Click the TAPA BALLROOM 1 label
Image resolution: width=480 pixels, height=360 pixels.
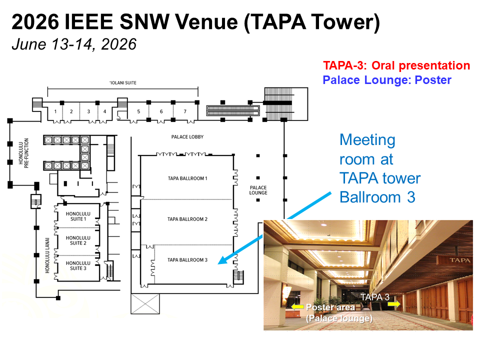[x=187, y=178]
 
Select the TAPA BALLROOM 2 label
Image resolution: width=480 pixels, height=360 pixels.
[x=187, y=219]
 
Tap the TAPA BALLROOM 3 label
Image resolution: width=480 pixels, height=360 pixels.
[x=187, y=260]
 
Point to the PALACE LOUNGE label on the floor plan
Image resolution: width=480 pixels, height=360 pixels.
[x=258, y=190]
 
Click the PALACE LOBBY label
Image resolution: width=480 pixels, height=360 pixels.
[x=187, y=137]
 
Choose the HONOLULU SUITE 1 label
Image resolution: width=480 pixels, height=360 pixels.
[x=78, y=216]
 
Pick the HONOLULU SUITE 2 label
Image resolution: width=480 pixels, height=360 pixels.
[x=78, y=240]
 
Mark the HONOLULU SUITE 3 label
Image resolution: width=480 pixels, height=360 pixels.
[x=78, y=265]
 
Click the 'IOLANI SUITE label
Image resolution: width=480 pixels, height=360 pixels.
[x=123, y=82]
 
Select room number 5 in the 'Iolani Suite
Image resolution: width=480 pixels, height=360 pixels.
[x=138, y=111]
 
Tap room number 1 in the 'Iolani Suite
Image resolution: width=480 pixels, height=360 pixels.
[x=55, y=111]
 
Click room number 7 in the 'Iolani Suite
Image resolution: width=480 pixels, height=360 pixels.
[x=185, y=111]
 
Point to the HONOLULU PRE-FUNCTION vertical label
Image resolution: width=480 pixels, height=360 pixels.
[x=23, y=153]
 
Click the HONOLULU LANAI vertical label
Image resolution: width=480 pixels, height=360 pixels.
[x=47, y=255]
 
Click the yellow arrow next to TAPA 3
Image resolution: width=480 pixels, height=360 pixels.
[x=394, y=303]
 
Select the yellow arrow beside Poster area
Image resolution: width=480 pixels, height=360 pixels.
[x=297, y=306]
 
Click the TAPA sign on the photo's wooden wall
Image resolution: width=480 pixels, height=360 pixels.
[x=460, y=260]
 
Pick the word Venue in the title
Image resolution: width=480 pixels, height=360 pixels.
[x=206, y=21]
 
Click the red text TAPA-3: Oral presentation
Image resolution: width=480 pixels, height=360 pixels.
[x=396, y=65]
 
